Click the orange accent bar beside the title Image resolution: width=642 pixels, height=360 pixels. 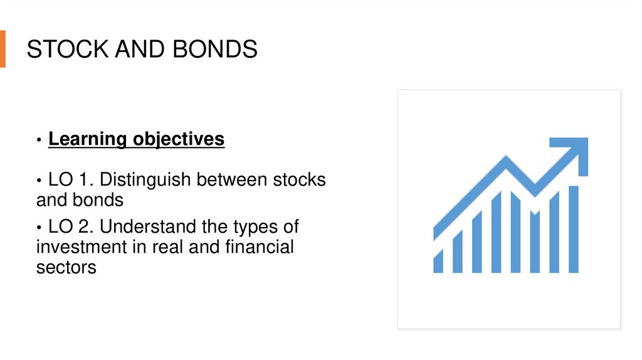[3, 48]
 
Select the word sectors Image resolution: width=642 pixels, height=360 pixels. [66, 267]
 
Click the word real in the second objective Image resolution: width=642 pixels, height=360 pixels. [168, 246]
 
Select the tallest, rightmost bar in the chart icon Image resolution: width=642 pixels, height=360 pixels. [573, 229]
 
